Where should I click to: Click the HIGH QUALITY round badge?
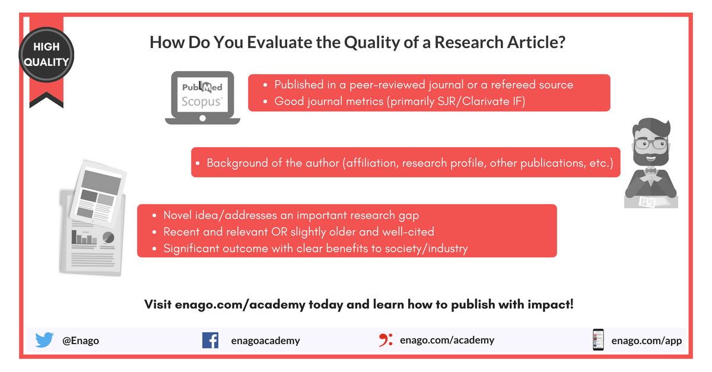[x=46, y=54]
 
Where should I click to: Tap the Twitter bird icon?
[x=44, y=340]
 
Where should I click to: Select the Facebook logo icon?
[x=210, y=340]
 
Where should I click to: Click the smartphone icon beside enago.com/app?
[x=597, y=340]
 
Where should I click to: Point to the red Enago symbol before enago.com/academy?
[x=386, y=339]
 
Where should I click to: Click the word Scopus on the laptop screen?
[x=202, y=101]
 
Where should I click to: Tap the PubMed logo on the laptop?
[x=202, y=88]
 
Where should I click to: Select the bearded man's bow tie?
[x=651, y=171]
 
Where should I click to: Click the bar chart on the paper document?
[x=84, y=238]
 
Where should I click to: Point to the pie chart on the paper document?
[x=108, y=237]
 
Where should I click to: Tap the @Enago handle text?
[x=81, y=341]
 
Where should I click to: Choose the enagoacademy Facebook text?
[x=265, y=341]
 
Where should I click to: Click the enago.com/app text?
[x=646, y=341]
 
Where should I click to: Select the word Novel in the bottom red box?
[x=179, y=215]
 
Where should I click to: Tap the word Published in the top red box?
[x=300, y=85]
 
